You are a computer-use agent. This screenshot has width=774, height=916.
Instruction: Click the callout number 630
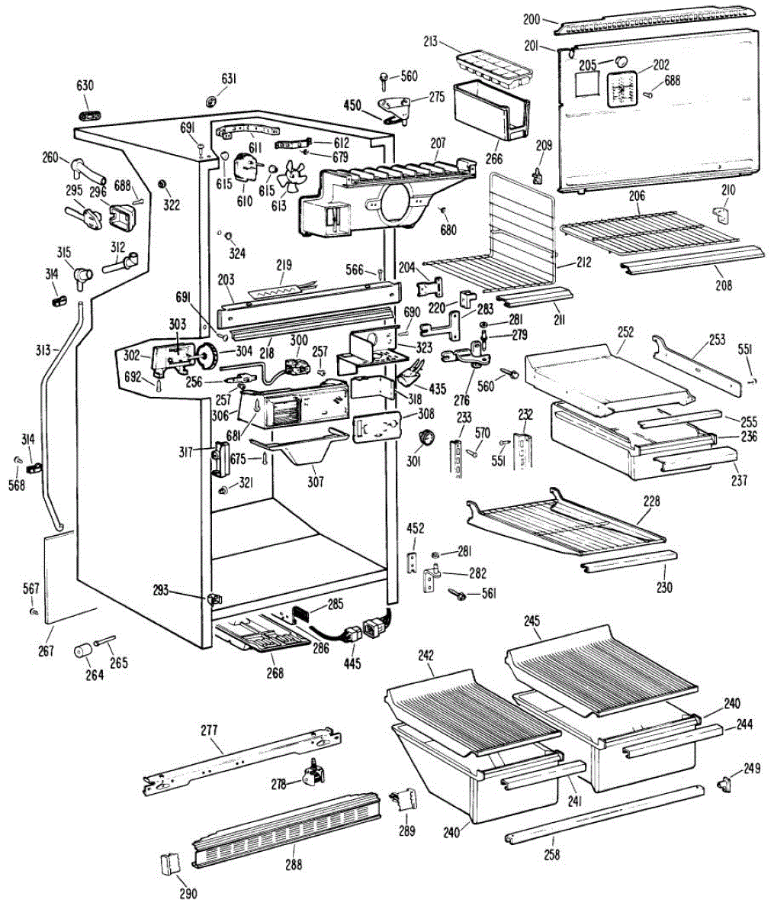tap(85, 85)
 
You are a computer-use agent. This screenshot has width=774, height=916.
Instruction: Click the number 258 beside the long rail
tap(551, 855)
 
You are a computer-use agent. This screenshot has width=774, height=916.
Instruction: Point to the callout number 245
tap(531, 621)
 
